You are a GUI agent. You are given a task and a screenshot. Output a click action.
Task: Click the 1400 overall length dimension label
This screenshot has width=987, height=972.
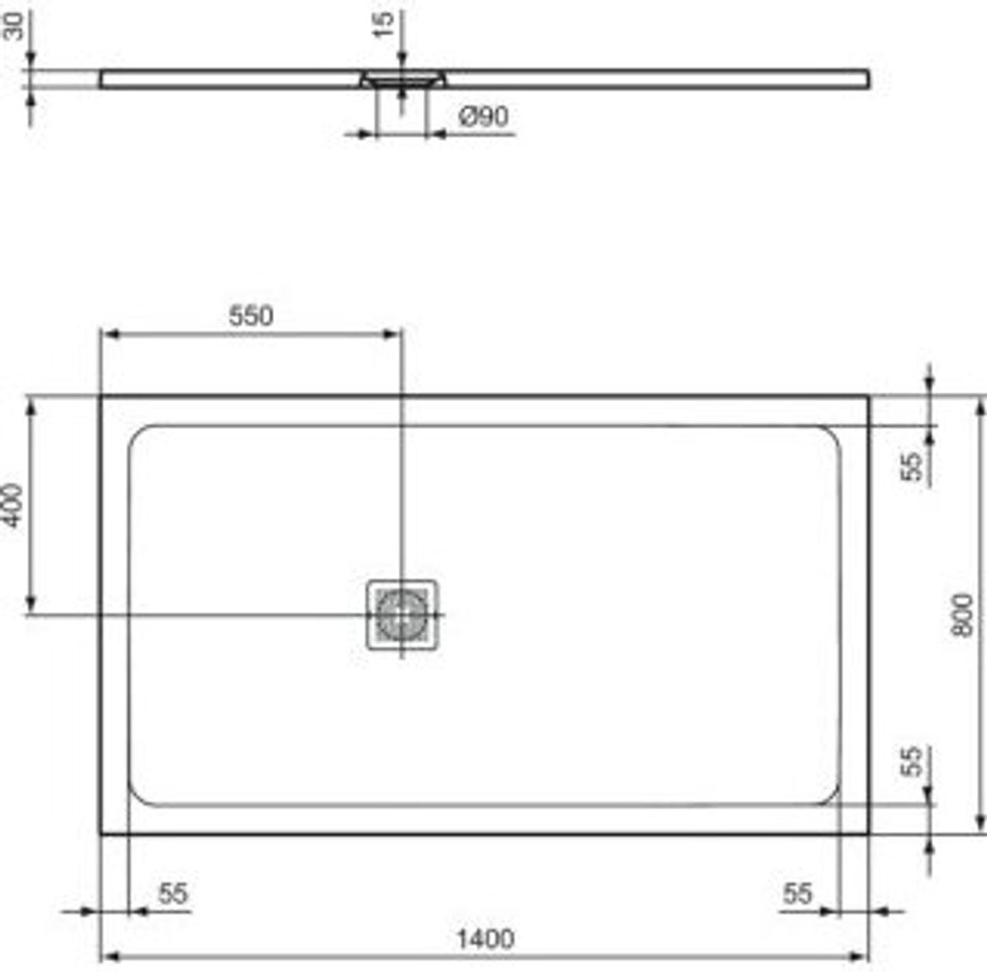486,937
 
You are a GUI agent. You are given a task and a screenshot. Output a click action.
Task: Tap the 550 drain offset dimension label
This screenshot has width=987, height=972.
251,315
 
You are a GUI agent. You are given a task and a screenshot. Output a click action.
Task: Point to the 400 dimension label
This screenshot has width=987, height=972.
13,504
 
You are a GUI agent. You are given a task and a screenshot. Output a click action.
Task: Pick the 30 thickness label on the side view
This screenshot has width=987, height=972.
13,26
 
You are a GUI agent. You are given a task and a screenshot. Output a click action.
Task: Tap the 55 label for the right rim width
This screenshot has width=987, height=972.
797,894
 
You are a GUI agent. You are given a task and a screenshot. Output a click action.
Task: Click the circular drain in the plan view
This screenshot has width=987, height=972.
401,614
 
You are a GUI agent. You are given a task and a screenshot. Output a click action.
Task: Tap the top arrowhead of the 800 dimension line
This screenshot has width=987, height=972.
980,404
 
